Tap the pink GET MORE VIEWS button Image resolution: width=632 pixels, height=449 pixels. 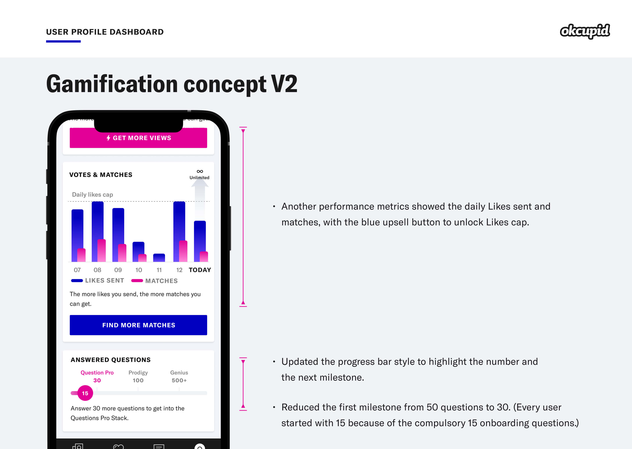(138, 138)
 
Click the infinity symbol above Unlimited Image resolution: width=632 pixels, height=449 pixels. (200, 171)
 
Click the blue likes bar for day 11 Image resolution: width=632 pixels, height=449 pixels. (159, 258)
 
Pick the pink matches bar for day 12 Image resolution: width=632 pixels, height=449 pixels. (183, 251)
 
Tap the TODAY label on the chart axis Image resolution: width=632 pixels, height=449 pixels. (200, 270)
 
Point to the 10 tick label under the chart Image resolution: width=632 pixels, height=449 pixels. (139, 270)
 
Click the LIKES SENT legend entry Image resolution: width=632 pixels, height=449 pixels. (97, 280)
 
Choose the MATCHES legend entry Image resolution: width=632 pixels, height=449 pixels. (154, 281)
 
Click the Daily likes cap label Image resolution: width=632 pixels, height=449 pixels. (92, 194)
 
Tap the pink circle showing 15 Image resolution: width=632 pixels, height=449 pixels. (85, 393)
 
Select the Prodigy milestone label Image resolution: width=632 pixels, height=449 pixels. (138, 373)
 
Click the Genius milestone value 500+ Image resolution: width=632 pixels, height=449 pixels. (179, 380)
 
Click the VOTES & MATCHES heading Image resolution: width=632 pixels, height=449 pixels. (101, 175)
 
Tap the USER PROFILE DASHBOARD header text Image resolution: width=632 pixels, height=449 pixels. (105, 32)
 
